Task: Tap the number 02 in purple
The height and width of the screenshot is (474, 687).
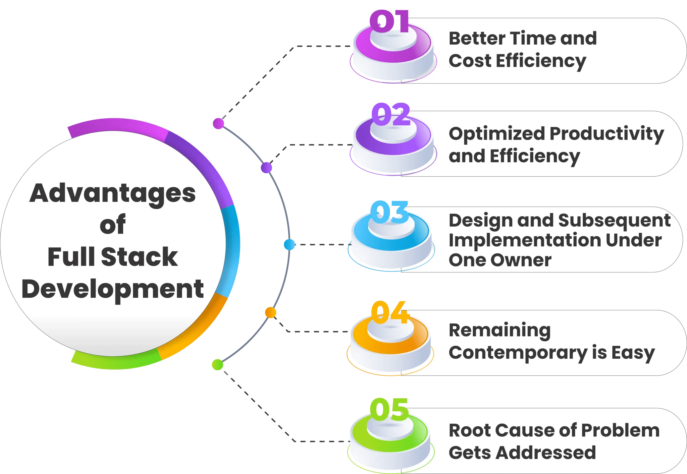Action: (391, 115)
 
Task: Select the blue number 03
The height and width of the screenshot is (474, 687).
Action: (389, 212)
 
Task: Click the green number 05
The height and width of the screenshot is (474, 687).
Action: (389, 409)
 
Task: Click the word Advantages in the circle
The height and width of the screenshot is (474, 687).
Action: (112, 193)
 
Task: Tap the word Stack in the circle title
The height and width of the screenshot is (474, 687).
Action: (139, 257)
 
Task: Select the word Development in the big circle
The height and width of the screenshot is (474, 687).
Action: (112, 289)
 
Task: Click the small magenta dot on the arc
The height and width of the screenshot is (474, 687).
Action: (218, 123)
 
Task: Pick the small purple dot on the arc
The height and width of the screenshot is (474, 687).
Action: (266, 168)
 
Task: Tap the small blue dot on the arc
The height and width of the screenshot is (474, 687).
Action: (289, 244)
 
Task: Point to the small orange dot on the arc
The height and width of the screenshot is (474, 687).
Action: (270, 312)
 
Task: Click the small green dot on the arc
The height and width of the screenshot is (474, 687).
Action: (218, 364)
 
